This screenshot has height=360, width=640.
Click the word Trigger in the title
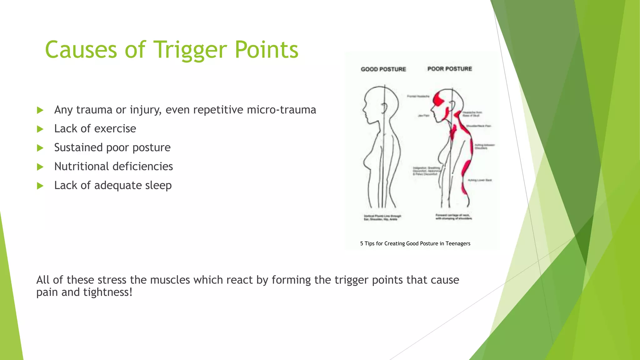click(190, 50)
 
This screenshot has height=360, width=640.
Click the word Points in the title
click(267, 50)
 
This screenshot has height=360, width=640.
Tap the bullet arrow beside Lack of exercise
click(40, 129)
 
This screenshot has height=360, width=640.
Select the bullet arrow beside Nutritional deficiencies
click(40, 167)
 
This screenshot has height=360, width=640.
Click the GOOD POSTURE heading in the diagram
click(383, 69)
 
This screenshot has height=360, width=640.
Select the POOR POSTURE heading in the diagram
click(449, 69)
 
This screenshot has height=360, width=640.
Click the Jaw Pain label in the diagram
click(423, 116)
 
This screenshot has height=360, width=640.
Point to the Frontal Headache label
click(418, 96)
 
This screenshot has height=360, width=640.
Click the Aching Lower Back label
click(480, 180)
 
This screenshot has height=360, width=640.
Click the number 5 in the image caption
click(362, 243)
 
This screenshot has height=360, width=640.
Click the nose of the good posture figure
click(363, 110)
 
